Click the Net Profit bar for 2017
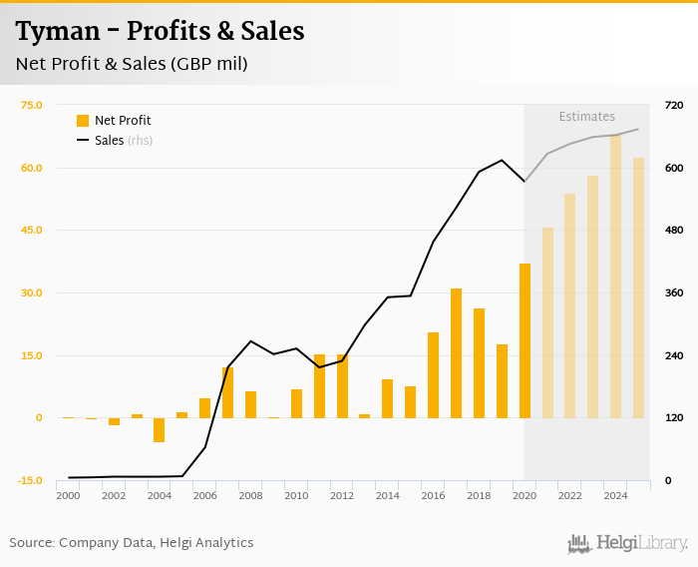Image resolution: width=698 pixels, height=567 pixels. [x=456, y=352]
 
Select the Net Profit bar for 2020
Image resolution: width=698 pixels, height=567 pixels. [x=524, y=340]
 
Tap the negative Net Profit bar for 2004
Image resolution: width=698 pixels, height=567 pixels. [x=159, y=429]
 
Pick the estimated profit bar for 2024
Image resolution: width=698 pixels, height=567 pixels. [x=616, y=277]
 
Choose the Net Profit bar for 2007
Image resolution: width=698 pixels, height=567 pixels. [x=227, y=392]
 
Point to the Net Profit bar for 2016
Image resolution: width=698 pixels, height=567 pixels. [x=433, y=374]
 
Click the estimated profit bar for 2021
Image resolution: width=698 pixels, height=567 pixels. [x=547, y=322]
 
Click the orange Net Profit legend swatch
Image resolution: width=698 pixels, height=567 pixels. [x=83, y=121]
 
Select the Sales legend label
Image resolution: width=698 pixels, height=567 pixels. [x=109, y=141]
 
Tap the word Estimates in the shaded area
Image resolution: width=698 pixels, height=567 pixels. [x=586, y=117]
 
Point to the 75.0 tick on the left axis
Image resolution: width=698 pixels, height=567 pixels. [x=31, y=105]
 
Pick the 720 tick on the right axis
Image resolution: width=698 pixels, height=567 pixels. [x=673, y=105]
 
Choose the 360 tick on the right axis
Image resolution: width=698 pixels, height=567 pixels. [x=673, y=292]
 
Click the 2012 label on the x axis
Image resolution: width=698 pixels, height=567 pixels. [x=342, y=495]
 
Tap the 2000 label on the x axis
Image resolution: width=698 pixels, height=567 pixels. [x=68, y=495]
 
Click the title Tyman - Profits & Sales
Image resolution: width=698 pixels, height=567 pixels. [x=160, y=32]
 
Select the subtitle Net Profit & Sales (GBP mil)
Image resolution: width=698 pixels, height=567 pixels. [x=132, y=64]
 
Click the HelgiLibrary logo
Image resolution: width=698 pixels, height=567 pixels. [x=627, y=543]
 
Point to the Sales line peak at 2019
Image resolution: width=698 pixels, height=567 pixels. [x=502, y=161]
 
